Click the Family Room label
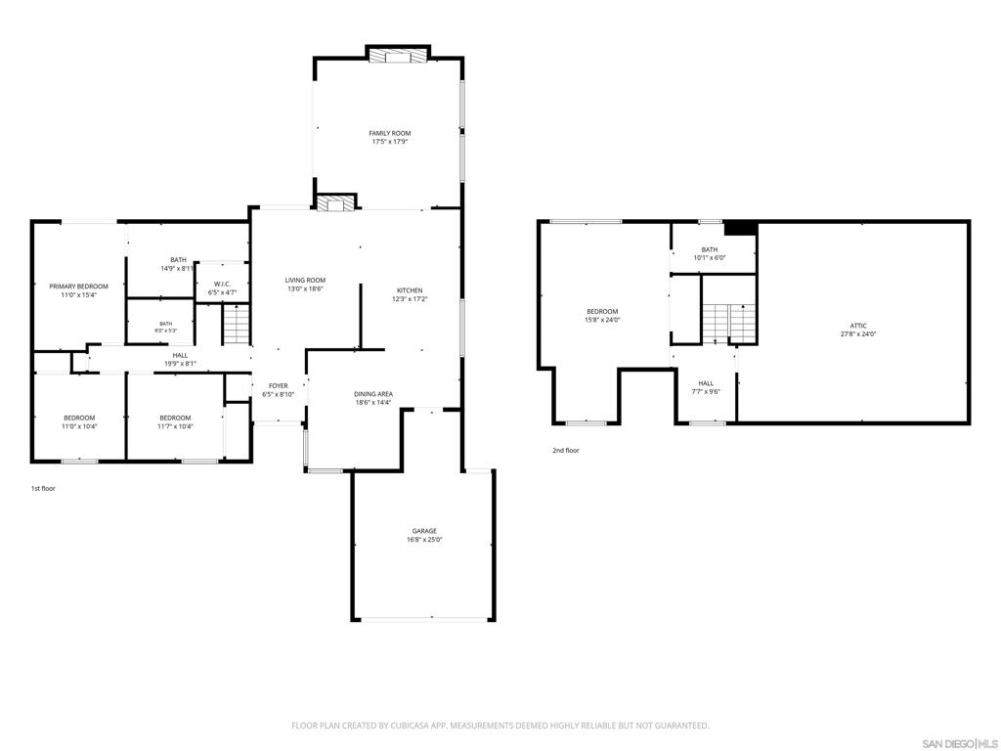[389, 133]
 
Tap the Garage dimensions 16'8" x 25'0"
[424, 540]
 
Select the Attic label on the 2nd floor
[858, 326]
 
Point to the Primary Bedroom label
[78, 287]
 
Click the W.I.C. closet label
[222, 285]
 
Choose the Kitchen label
[410, 290]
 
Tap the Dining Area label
[373, 394]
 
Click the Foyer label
[279, 385]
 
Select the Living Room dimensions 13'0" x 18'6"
[305, 288]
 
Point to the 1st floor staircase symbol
[236, 324]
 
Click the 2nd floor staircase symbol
[729, 323]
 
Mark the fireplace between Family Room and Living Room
[336, 203]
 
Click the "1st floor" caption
[43, 489]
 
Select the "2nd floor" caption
[566, 450]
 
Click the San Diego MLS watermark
[960, 743]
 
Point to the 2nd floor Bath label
[710, 249]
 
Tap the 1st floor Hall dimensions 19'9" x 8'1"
[180, 364]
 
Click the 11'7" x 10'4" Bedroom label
[175, 422]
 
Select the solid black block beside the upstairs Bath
[741, 228]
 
